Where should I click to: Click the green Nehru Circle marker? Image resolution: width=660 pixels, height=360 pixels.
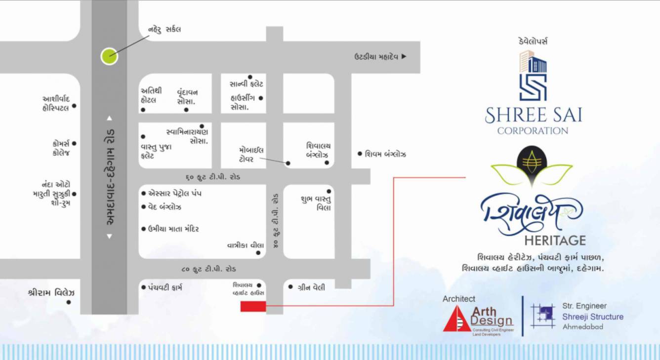(109, 56)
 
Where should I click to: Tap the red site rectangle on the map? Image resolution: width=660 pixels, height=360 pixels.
(253, 307)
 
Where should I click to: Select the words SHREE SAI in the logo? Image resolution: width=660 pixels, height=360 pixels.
(533, 116)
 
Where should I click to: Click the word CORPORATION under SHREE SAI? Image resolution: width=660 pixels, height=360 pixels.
(533, 131)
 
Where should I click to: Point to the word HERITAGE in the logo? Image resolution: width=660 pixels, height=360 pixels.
(555, 240)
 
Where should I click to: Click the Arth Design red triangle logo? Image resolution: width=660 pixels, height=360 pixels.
(457, 319)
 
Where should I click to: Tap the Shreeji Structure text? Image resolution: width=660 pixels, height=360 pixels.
(593, 317)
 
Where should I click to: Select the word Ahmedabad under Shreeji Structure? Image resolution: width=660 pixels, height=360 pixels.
(582, 327)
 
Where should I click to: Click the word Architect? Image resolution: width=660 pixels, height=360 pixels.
(459, 299)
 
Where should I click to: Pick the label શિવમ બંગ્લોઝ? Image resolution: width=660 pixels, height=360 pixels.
(386, 155)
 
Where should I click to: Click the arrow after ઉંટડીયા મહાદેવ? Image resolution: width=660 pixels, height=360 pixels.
(404, 57)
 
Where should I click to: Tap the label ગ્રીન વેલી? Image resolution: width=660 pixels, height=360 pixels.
(312, 287)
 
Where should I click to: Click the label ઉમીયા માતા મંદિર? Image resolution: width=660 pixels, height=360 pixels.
(173, 229)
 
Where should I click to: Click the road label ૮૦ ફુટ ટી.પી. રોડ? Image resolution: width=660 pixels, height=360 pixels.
(208, 269)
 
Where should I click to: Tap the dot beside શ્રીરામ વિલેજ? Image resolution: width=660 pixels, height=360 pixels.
(69, 302)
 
